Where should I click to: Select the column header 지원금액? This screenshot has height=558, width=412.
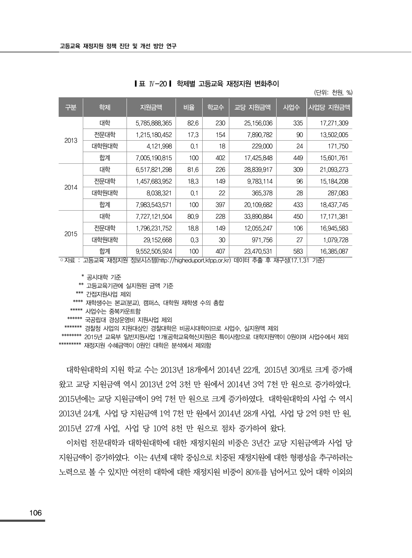pos(151,107)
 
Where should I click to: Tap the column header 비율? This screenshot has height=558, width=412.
pos(189,107)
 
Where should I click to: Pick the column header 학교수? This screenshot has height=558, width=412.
pos(215,107)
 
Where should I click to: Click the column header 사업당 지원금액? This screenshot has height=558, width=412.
pos(329,107)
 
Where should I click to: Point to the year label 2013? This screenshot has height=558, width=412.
pos(71,141)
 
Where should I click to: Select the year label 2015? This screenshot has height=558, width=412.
pos(71,234)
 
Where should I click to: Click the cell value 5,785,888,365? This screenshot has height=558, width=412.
pos(154,123)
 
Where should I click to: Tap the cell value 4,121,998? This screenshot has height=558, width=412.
pos(159,146)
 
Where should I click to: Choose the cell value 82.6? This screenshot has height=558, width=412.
pos(193,123)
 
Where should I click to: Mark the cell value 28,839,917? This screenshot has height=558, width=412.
pos(258,170)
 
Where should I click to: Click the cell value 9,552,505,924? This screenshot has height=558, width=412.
pos(154,251)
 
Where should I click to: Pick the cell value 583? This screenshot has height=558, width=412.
pos(298,251)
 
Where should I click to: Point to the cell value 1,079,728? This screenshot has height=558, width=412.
pos(334,240)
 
